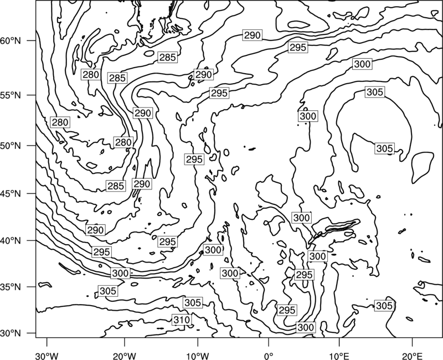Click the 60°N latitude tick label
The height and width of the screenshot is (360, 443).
(x=11, y=41)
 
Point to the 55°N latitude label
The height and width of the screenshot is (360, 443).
(x=11, y=95)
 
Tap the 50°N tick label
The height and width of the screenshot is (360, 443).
(x=11, y=146)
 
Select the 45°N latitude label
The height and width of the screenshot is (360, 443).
(x=11, y=193)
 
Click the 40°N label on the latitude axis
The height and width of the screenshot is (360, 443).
(x=11, y=241)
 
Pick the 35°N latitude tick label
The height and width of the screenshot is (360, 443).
(x=11, y=287)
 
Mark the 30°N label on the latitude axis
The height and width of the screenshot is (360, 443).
(x=11, y=333)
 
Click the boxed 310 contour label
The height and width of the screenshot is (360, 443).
(x=182, y=320)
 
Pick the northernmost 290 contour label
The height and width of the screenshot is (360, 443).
(x=252, y=35)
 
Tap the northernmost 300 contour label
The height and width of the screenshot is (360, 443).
(x=362, y=64)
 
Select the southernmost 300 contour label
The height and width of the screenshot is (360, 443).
(x=306, y=327)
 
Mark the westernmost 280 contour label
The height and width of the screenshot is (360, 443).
(x=60, y=122)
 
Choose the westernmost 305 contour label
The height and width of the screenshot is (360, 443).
(x=108, y=291)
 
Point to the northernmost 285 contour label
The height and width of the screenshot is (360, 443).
(x=168, y=58)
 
